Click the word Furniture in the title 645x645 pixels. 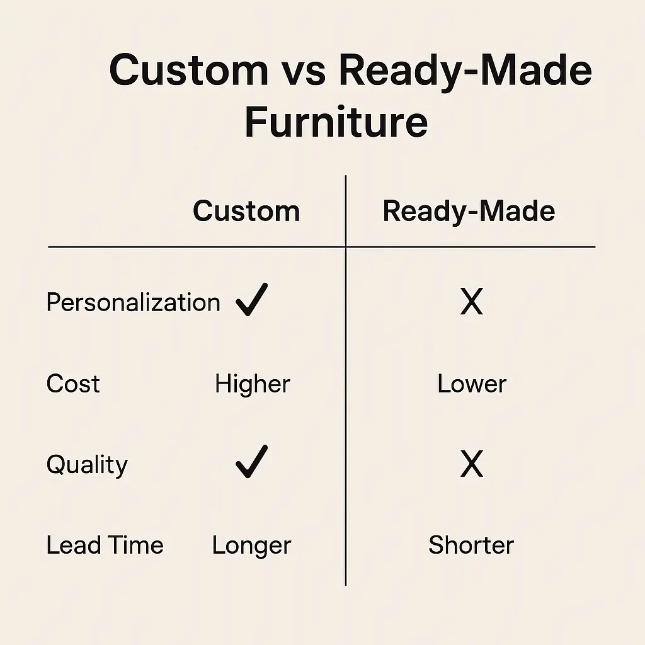point(336,122)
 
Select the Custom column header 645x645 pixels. point(246,211)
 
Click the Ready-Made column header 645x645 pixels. point(469,212)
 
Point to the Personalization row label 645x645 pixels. point(134,302)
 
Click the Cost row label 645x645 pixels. point(73,384)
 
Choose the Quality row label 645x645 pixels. point(87,465)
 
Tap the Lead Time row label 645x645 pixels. point(105,545)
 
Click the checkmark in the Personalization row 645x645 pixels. point(251,299)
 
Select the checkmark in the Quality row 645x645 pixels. point(251,462)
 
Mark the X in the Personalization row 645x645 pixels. point(471,302)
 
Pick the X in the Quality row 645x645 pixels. point(471,464)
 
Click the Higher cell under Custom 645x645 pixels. point(253,384)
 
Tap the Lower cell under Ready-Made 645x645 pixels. point(472,384)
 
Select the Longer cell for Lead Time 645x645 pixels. point(252,546)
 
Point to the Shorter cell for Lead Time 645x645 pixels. point(471,545)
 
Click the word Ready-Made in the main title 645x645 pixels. point(465,71)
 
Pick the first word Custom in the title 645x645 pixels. point(189,70)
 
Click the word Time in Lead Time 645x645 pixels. point(137,545)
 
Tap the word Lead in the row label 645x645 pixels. point(74,545)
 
